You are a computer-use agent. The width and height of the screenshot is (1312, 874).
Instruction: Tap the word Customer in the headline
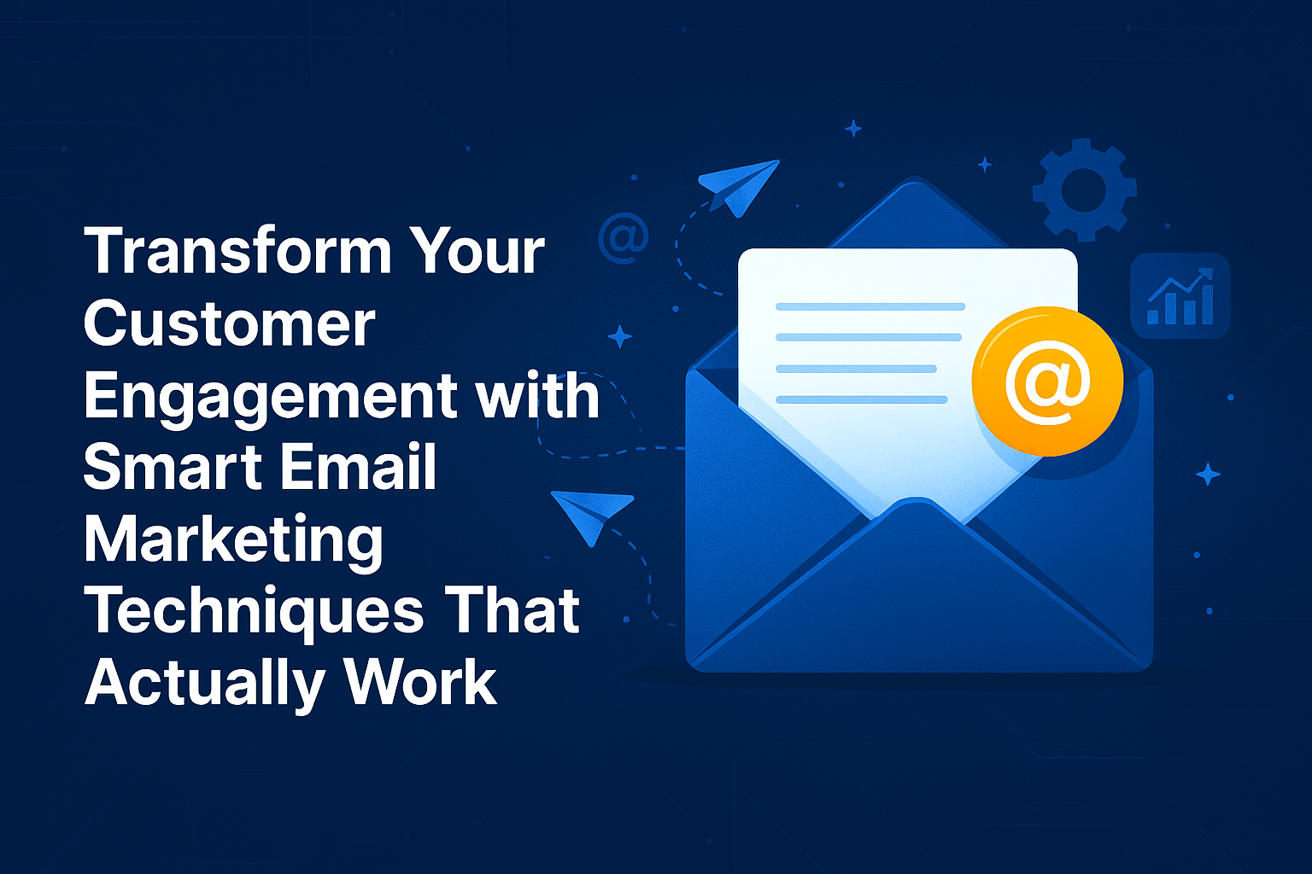click(229, 324)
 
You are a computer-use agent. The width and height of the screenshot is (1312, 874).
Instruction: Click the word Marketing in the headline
click(233, 541)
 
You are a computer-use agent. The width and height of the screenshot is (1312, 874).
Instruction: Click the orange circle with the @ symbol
click(1047, 381)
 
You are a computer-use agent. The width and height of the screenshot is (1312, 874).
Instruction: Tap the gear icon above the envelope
click(1084, 189)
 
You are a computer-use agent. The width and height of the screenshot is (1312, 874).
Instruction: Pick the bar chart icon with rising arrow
click(1180, 295)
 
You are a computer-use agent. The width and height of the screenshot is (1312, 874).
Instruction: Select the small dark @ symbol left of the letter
click(624, 237)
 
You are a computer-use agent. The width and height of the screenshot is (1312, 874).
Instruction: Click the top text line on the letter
click(870, 306)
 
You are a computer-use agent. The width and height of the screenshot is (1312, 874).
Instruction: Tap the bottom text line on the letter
click(861, 399)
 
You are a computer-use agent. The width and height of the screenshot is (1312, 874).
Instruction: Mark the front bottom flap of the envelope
click(917, 597)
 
